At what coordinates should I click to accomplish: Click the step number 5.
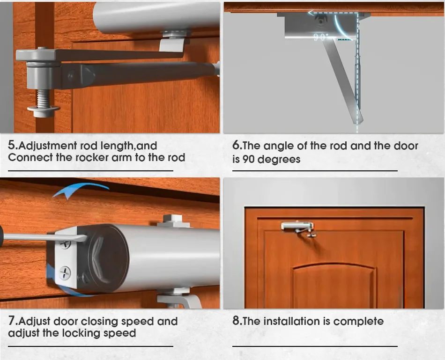pyautogui.click(x=13, y=146)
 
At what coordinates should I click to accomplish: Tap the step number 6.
pyautogui.click(x=237, y=146)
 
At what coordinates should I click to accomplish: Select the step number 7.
pyautogui.click(x=13, y=322)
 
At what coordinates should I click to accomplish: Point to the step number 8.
pyautogui.click(x=237, y=322)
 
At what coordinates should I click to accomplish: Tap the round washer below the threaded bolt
pyautogui.click(x=43, y=110)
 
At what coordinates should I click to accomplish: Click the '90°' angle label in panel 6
pyautogui.click(x=321, y=37)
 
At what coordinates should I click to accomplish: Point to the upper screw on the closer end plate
pyautogui.click(x=66, y=243)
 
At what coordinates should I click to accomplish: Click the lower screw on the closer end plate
pyautogui.click(x=65, y=272)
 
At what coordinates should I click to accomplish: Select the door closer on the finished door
pyautogui.click(x=298, y=228)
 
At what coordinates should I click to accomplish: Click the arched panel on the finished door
pyautogui.click(x=334, y=283)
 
